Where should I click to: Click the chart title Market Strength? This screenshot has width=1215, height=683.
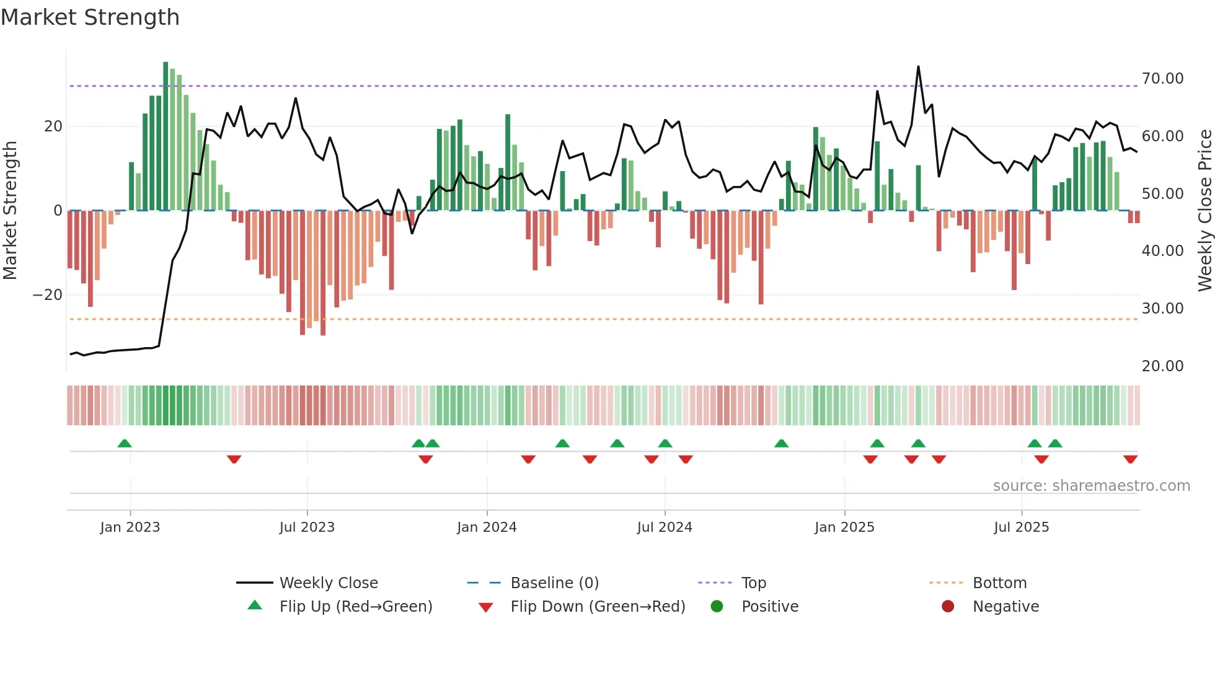click(x=90, y=17)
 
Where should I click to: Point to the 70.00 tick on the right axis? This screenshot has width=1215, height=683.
click(x=1162, y=79)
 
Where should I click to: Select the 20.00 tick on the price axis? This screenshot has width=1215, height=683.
click(x=1162, y=366)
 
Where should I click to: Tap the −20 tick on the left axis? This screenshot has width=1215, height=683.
click(x=48, y=295)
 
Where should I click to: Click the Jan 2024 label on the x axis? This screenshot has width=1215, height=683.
click(x=487, y=527)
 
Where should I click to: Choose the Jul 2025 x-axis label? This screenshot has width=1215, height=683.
click(x=1021, y=527)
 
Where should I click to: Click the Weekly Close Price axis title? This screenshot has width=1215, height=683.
click(x=1204, y=211)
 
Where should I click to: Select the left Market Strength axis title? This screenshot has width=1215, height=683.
click(x=10, y=211)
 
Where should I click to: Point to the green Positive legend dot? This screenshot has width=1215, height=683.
click(x=717, y=606)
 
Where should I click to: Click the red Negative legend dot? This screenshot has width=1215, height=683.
click(x=948, y=606)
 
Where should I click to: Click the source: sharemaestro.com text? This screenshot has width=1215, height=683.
click(x=1091, y=486)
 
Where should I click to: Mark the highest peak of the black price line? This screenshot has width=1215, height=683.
click(x=918, y=66)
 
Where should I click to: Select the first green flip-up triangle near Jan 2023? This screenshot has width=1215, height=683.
click(x=125, y=443)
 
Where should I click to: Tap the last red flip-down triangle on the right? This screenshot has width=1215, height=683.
click(x=1130, y=459)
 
